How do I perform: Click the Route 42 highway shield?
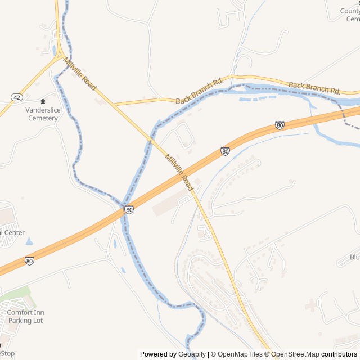tap(16, 97)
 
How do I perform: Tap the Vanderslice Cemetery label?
tap(42, 114)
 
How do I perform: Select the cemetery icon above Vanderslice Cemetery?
tap(43, 102)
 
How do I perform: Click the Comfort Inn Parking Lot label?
tap(25, 317)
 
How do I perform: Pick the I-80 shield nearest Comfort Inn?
tap(29, 261)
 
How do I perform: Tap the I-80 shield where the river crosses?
tap(129, 210)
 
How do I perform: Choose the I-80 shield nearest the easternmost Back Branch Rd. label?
tap(280, 125)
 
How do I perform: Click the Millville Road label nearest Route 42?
tap(80, 74)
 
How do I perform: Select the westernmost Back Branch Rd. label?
tap(200, 91)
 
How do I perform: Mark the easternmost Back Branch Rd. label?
tap(314, 88)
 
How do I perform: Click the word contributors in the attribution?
tap(339, 354)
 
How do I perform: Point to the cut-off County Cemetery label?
tap(350, 15)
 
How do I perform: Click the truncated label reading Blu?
tap(354, 257)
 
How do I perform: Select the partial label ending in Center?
tap(12, 232)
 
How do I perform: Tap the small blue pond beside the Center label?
tap(29, 241)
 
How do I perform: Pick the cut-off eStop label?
tap(7, 354)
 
